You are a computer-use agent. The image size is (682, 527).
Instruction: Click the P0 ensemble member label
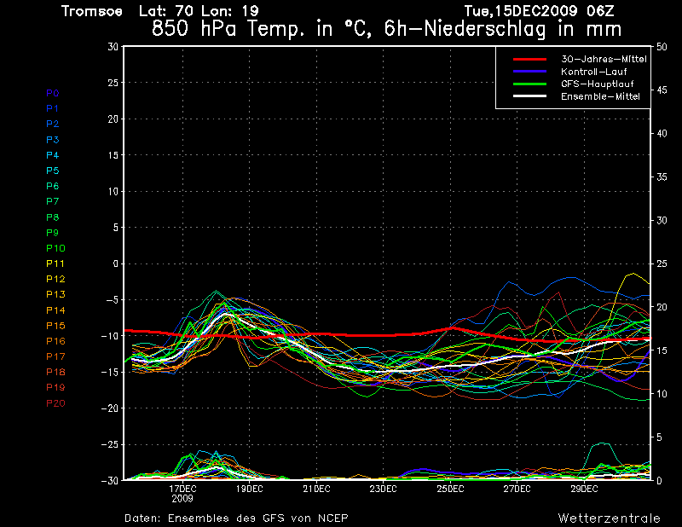tap(53, 93)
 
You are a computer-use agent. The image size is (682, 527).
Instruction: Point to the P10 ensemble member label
tap(55, 248)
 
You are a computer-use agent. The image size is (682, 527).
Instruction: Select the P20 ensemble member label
tap(55, 403)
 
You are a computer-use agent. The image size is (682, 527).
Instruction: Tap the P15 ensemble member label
tap(55, 326)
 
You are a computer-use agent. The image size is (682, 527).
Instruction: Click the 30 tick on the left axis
tap(113, 47)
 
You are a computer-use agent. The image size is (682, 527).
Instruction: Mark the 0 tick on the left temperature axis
tap(115, 263)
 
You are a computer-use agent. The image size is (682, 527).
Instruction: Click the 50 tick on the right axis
tap(662, 47)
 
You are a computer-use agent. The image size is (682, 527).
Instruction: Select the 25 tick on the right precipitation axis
tap(662, 263)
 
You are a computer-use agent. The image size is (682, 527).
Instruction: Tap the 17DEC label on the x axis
tap(183, 489)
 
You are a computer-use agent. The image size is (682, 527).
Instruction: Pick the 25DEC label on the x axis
tap(450, 489)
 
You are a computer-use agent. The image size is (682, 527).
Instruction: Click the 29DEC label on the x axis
tap(584, 489)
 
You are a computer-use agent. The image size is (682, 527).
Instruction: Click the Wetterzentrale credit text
tap(609, 518)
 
